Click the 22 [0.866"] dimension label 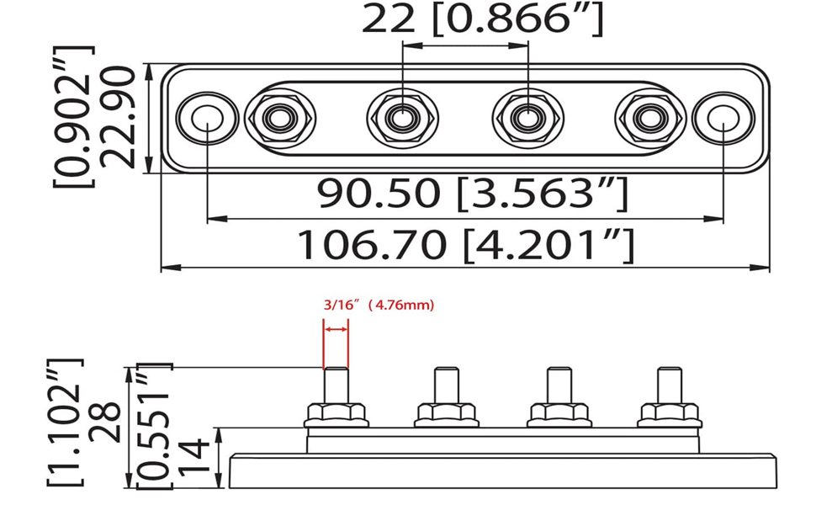coord(482,19)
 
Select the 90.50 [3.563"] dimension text coord(473,193)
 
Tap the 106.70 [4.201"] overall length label coord(466,244)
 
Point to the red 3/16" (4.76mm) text coord(379,305)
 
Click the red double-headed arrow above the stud coord(336,330)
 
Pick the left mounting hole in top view coord(207,118)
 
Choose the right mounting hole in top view coord(723,118)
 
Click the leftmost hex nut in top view coord(280,118)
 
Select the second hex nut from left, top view coord(402,118)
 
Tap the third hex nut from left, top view coord(527,118)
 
